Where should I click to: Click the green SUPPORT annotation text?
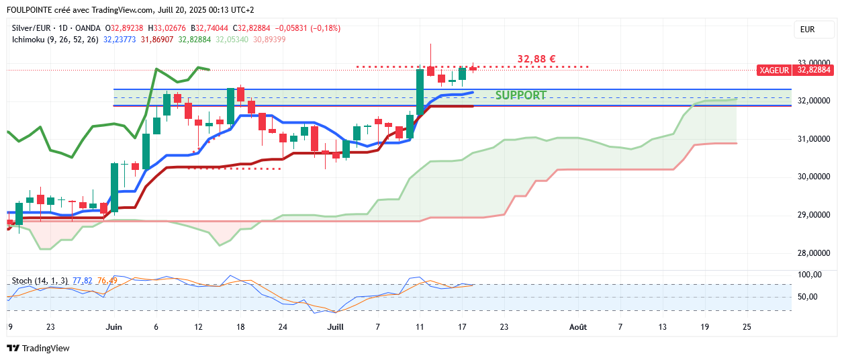521,95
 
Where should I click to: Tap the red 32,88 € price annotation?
536,59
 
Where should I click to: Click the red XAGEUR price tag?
774,70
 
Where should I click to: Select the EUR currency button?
807,30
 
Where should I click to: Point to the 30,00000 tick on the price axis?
813,177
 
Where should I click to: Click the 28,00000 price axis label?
813,253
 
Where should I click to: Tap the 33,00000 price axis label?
813,62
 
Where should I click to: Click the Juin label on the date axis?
114,327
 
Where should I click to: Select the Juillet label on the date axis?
335,327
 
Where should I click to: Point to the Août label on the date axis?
577,327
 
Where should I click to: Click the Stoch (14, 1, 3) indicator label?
39,280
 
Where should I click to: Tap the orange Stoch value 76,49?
107,280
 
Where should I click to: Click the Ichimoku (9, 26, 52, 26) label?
55,40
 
